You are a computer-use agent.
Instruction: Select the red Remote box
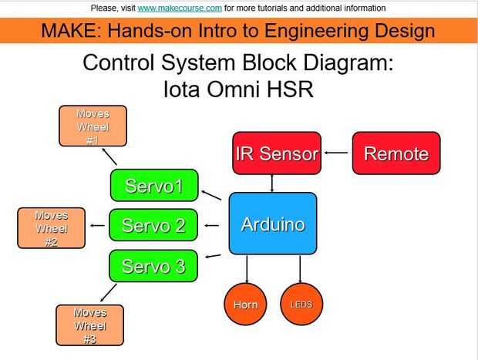(396, 153)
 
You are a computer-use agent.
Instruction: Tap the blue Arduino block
(273, 224)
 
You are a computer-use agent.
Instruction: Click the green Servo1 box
(153, 186)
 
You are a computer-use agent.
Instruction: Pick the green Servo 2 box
(153, 226)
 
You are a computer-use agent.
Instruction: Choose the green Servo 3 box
(153, 266)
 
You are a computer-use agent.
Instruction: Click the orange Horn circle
(245, 304)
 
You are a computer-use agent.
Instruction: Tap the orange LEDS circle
(301, 304)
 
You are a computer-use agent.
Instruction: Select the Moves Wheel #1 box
(93, 126)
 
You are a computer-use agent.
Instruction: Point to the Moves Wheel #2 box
(52, 228)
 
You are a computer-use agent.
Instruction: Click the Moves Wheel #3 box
(89, 325)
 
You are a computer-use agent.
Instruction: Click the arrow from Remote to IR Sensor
(336, 153)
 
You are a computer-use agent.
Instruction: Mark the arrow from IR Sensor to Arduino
(271, 183)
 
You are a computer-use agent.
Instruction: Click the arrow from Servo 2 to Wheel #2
(98, 226)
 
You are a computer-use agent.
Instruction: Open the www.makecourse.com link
(180, 8)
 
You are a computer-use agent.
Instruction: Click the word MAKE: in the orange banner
(68, 31)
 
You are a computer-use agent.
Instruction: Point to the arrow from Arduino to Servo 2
(214, 226)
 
